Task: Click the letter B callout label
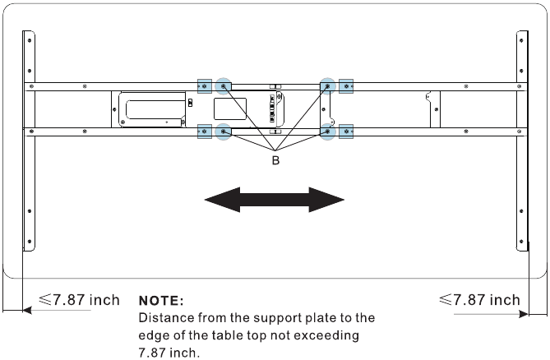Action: pos(275,161)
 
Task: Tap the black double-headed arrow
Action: pos(274,200)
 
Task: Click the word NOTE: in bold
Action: pos(162,302)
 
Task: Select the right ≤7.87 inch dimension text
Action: pos(480,300)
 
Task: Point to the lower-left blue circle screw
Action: pos(223,130)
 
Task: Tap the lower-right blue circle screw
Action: pos(327,130)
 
